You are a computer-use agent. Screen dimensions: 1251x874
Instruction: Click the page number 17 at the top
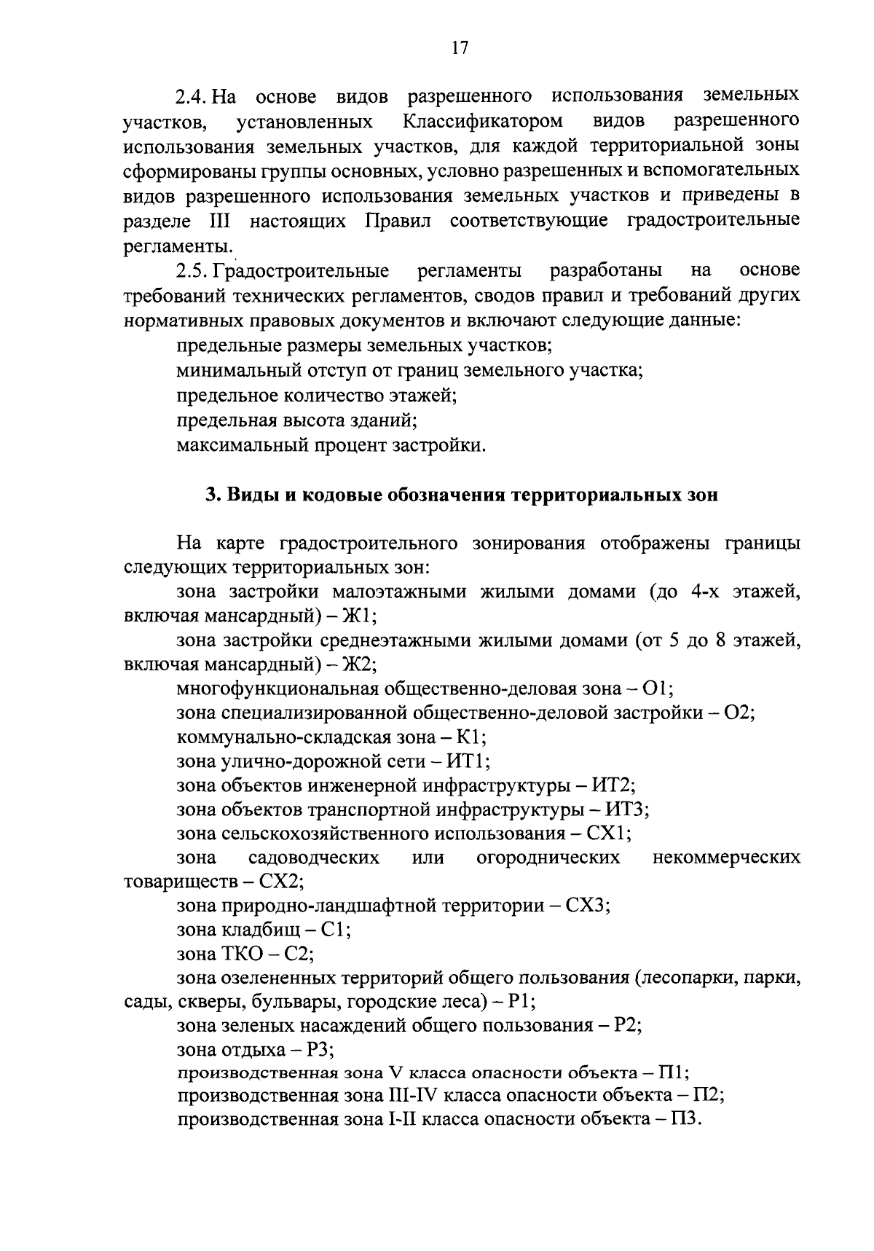459,47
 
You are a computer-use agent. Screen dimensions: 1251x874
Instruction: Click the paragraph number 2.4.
193,95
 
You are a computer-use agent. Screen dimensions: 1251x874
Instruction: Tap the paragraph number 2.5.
193,270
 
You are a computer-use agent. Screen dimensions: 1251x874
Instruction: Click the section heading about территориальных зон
461,495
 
